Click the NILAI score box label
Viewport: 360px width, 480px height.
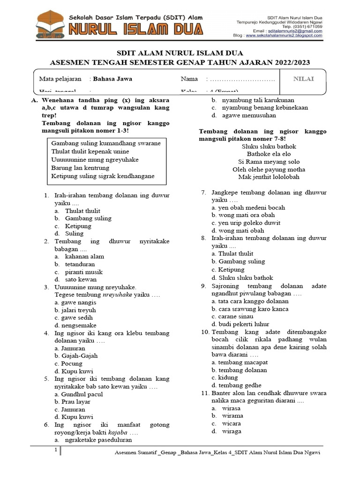tap(303, 79)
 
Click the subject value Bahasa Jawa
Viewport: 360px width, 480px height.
tap(112, 79)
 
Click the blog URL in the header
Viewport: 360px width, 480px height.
tap(284, 35)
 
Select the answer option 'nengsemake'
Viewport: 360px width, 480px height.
tap(75, 325)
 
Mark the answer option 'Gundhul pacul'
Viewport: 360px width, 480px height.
tap(79, 394)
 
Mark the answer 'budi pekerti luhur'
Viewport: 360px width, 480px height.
tap(240, 324)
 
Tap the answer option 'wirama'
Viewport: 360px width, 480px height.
tap(232, 416)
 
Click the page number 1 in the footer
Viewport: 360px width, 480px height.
tap(56, 450)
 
